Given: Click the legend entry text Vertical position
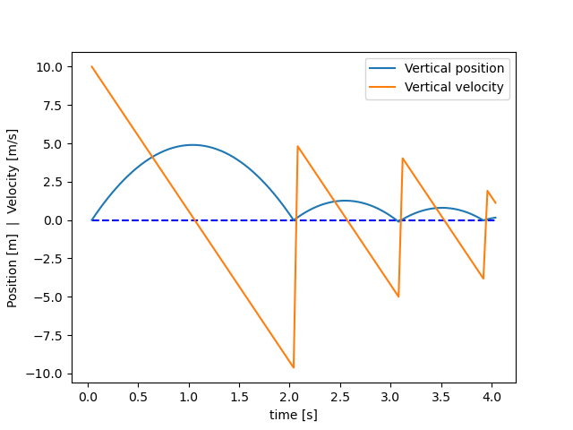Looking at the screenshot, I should click(454, 68).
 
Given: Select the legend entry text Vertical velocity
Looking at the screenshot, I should click(454, 87).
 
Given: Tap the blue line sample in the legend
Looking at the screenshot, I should click(383, 68).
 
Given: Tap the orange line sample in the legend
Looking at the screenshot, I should click(383, 87).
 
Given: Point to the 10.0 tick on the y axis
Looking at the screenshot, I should click(49, 67).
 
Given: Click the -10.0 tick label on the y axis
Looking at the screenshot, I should click(46, 374).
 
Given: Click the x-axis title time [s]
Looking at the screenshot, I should click(294, 415).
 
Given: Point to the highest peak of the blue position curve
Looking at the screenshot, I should click(192, 145).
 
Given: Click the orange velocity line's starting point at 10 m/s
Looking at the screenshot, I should click(92, 66).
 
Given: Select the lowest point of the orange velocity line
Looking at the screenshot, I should click(293, 367).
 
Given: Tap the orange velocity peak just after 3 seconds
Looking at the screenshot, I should click(403, 159).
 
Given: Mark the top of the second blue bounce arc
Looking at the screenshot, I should click(345, 201).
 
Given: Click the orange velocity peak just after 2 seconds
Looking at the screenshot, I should click(297, 146).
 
